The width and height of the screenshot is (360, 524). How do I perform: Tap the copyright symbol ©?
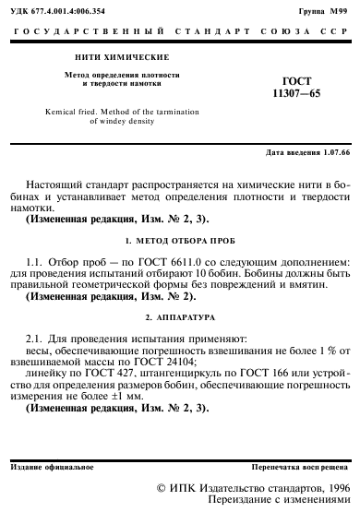162,487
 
